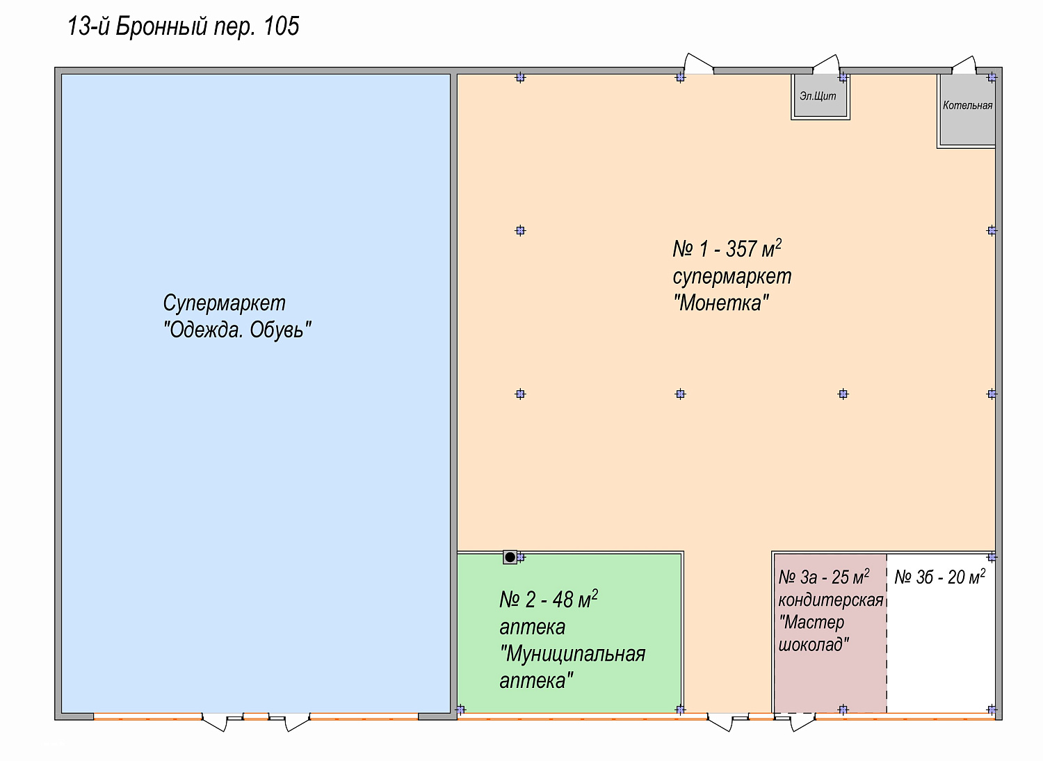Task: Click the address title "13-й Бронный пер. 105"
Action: click(x=183, y=26)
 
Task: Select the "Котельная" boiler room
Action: click(x=967, y=111)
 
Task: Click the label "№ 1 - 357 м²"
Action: click(x=727, y=249)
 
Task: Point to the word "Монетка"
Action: click(x=721, y=303)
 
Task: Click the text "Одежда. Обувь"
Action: click(x=237, y=330)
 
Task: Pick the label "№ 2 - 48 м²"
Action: click(x=549, y=600)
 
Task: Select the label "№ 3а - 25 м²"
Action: click(x=824, y=577)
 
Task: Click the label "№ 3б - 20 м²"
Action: click(x=939, y=577)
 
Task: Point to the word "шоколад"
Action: click(x=814, y=645)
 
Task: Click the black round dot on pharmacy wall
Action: click(x=510, y=557)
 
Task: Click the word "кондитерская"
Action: click(x=831, y=600)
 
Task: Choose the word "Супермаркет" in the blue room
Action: click(x=224, y=304)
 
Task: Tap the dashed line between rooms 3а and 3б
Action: click(x=887, y=634)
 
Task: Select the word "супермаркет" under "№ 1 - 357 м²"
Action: click(x=732, y=277)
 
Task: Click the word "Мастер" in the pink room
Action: click(x=811, y=622)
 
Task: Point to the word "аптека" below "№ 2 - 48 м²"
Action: click(x=532, y=627)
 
